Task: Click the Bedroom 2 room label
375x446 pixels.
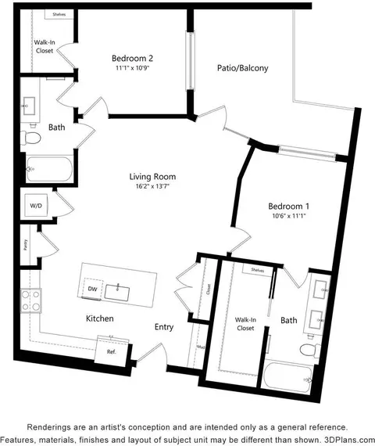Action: pos(131,59)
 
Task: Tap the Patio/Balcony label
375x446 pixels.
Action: pos(242,68)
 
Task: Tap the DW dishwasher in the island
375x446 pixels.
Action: pos(91,289)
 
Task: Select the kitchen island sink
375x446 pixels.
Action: pos(120,293)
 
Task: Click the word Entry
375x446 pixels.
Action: pos(164,327)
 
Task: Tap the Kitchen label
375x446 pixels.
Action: pos(100,318)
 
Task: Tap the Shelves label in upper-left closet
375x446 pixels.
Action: pos(58,15)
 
